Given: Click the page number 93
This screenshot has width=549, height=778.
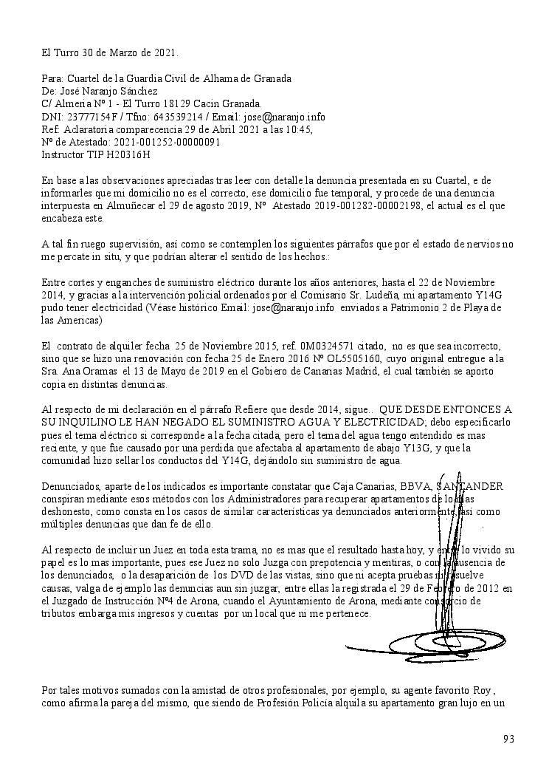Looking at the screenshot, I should click(x=508, y=739).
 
